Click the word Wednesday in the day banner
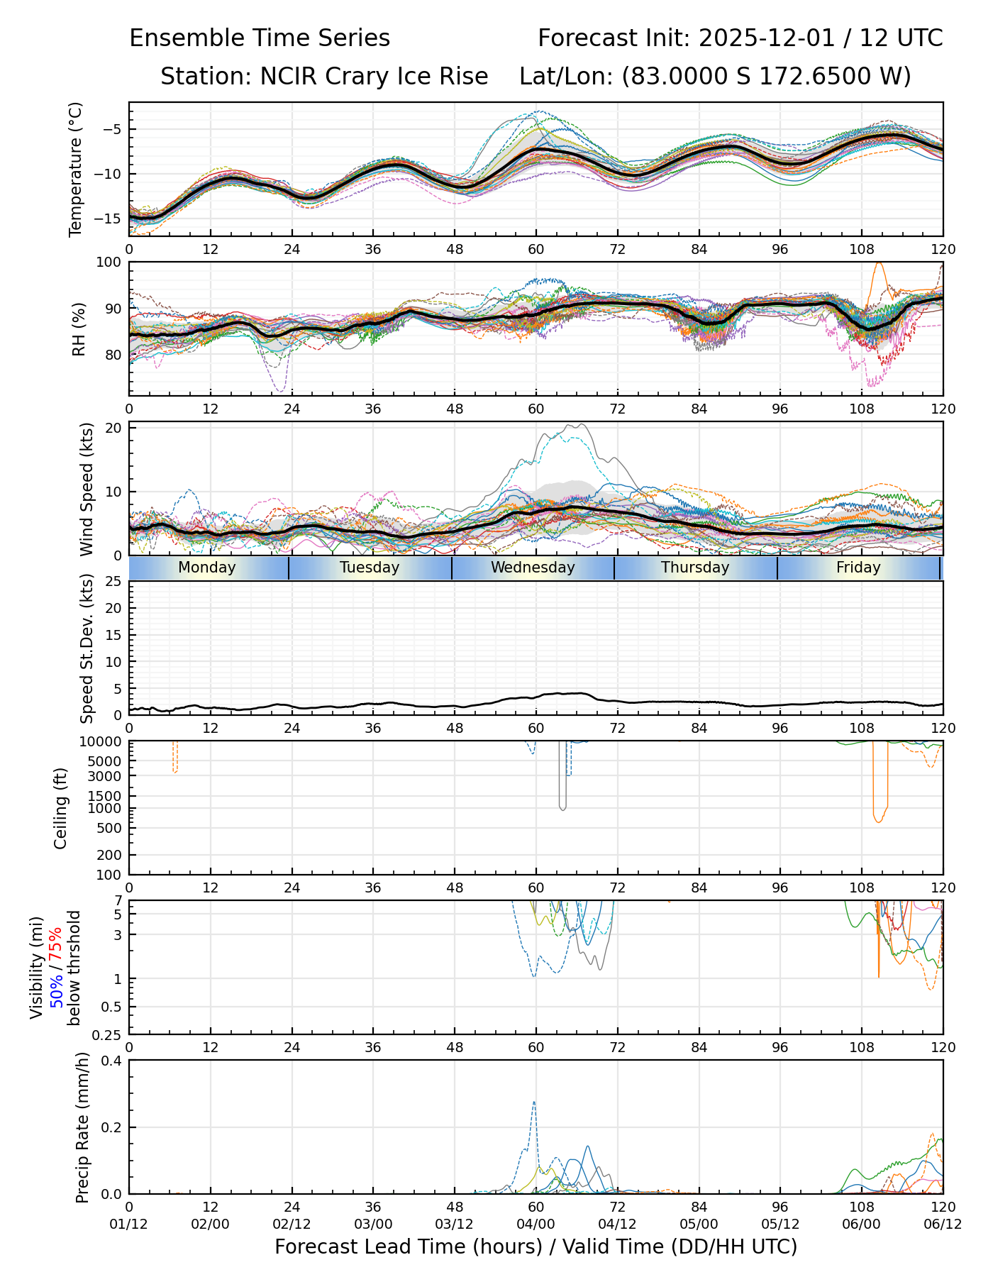pos(533,568)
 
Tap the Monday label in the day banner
pos(206,568)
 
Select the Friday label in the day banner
pos(858,568)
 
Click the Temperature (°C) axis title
pos(76,169)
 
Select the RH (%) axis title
pos(78,328)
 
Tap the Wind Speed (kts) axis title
pos(87,489)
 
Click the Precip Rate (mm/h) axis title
pos(82,1127)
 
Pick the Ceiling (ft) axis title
pos(61,808)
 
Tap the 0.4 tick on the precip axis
pos(112,1061)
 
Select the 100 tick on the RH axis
pos(109,262)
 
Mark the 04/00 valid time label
pos(536,1224)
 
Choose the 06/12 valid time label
pos(943,1224)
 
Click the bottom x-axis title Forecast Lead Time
pos(536,1247)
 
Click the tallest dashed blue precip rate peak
pos(533,1102)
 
